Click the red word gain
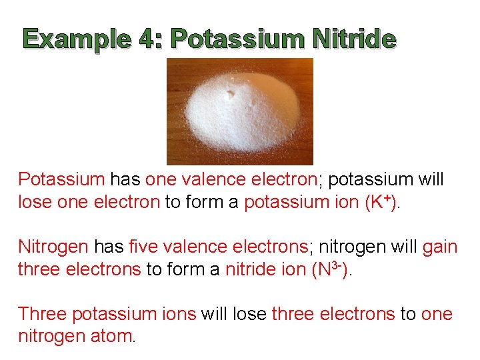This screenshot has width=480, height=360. tap(440, 247)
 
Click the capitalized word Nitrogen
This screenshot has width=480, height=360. tap(53, 247)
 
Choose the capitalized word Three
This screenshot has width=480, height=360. tap(41, 314)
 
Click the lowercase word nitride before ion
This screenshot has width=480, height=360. tap(249, 269)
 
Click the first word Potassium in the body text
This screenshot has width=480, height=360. tap(61, 179)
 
